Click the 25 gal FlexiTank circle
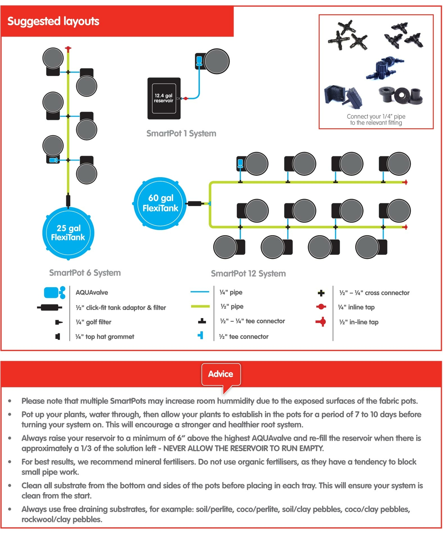68,233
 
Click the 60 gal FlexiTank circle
160,203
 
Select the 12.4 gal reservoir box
164,98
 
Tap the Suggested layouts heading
53,21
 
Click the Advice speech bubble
221,374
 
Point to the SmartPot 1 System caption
181,133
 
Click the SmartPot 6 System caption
85,273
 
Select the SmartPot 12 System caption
248,274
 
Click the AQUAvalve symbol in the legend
54,293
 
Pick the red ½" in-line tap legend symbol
321,322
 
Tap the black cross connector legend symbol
321,293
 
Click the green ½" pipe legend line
200,306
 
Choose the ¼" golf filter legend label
93,322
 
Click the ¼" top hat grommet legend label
105,337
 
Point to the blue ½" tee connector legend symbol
201,336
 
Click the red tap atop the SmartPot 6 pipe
68,49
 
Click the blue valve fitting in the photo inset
383,67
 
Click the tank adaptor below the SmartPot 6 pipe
68,200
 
